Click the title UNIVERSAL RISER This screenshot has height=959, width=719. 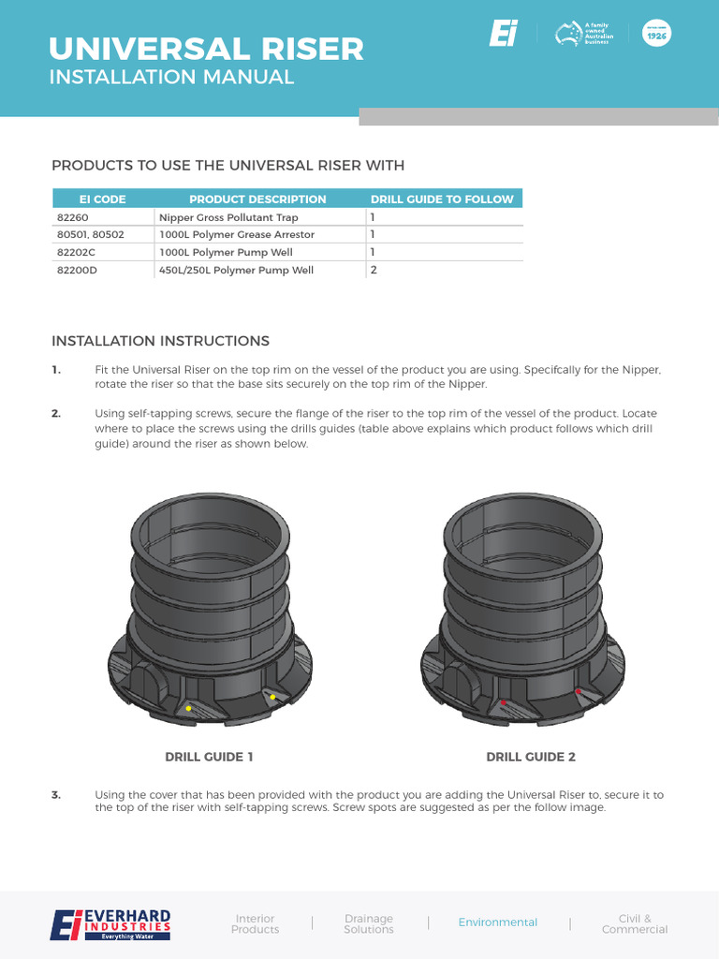click(206, 48)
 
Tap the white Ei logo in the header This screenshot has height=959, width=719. click(503, 35)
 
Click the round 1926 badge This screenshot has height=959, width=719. click(656, 34)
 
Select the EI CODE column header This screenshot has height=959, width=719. click(102, 199)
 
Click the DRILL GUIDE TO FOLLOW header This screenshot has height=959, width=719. click(442, 199)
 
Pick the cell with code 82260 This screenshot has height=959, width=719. click(72, 217)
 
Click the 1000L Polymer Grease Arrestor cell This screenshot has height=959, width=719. click(237, 234)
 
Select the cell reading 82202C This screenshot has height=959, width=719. click(77, 252)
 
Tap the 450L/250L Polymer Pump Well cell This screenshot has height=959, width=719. click(236, 270)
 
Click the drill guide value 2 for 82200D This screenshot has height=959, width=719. click(373, 270)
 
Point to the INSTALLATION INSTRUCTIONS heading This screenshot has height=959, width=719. click(160, 341)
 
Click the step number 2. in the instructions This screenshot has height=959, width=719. click(56, 413)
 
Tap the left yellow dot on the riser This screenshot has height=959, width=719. click(188, 708)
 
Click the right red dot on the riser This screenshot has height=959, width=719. click(579, 691)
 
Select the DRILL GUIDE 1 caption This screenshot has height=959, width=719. click(209, 757)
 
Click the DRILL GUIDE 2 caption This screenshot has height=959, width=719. click(531, 757)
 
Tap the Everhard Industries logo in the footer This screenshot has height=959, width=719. click(110, 923)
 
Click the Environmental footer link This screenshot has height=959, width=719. click(498, 922)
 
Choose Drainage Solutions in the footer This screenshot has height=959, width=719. click(369, 923)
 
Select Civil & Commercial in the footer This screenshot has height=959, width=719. click(635, 923)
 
